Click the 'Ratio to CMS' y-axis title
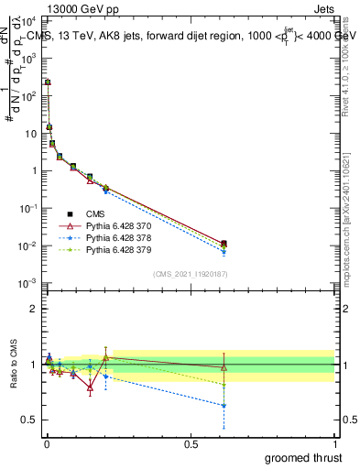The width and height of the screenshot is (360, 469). [x=12, y=365]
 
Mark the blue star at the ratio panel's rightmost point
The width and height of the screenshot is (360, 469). [x=224, y=406]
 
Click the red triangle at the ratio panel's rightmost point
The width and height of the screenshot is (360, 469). [x=224, y=367]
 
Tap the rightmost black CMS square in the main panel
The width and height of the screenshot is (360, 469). [x=224, y=244]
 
